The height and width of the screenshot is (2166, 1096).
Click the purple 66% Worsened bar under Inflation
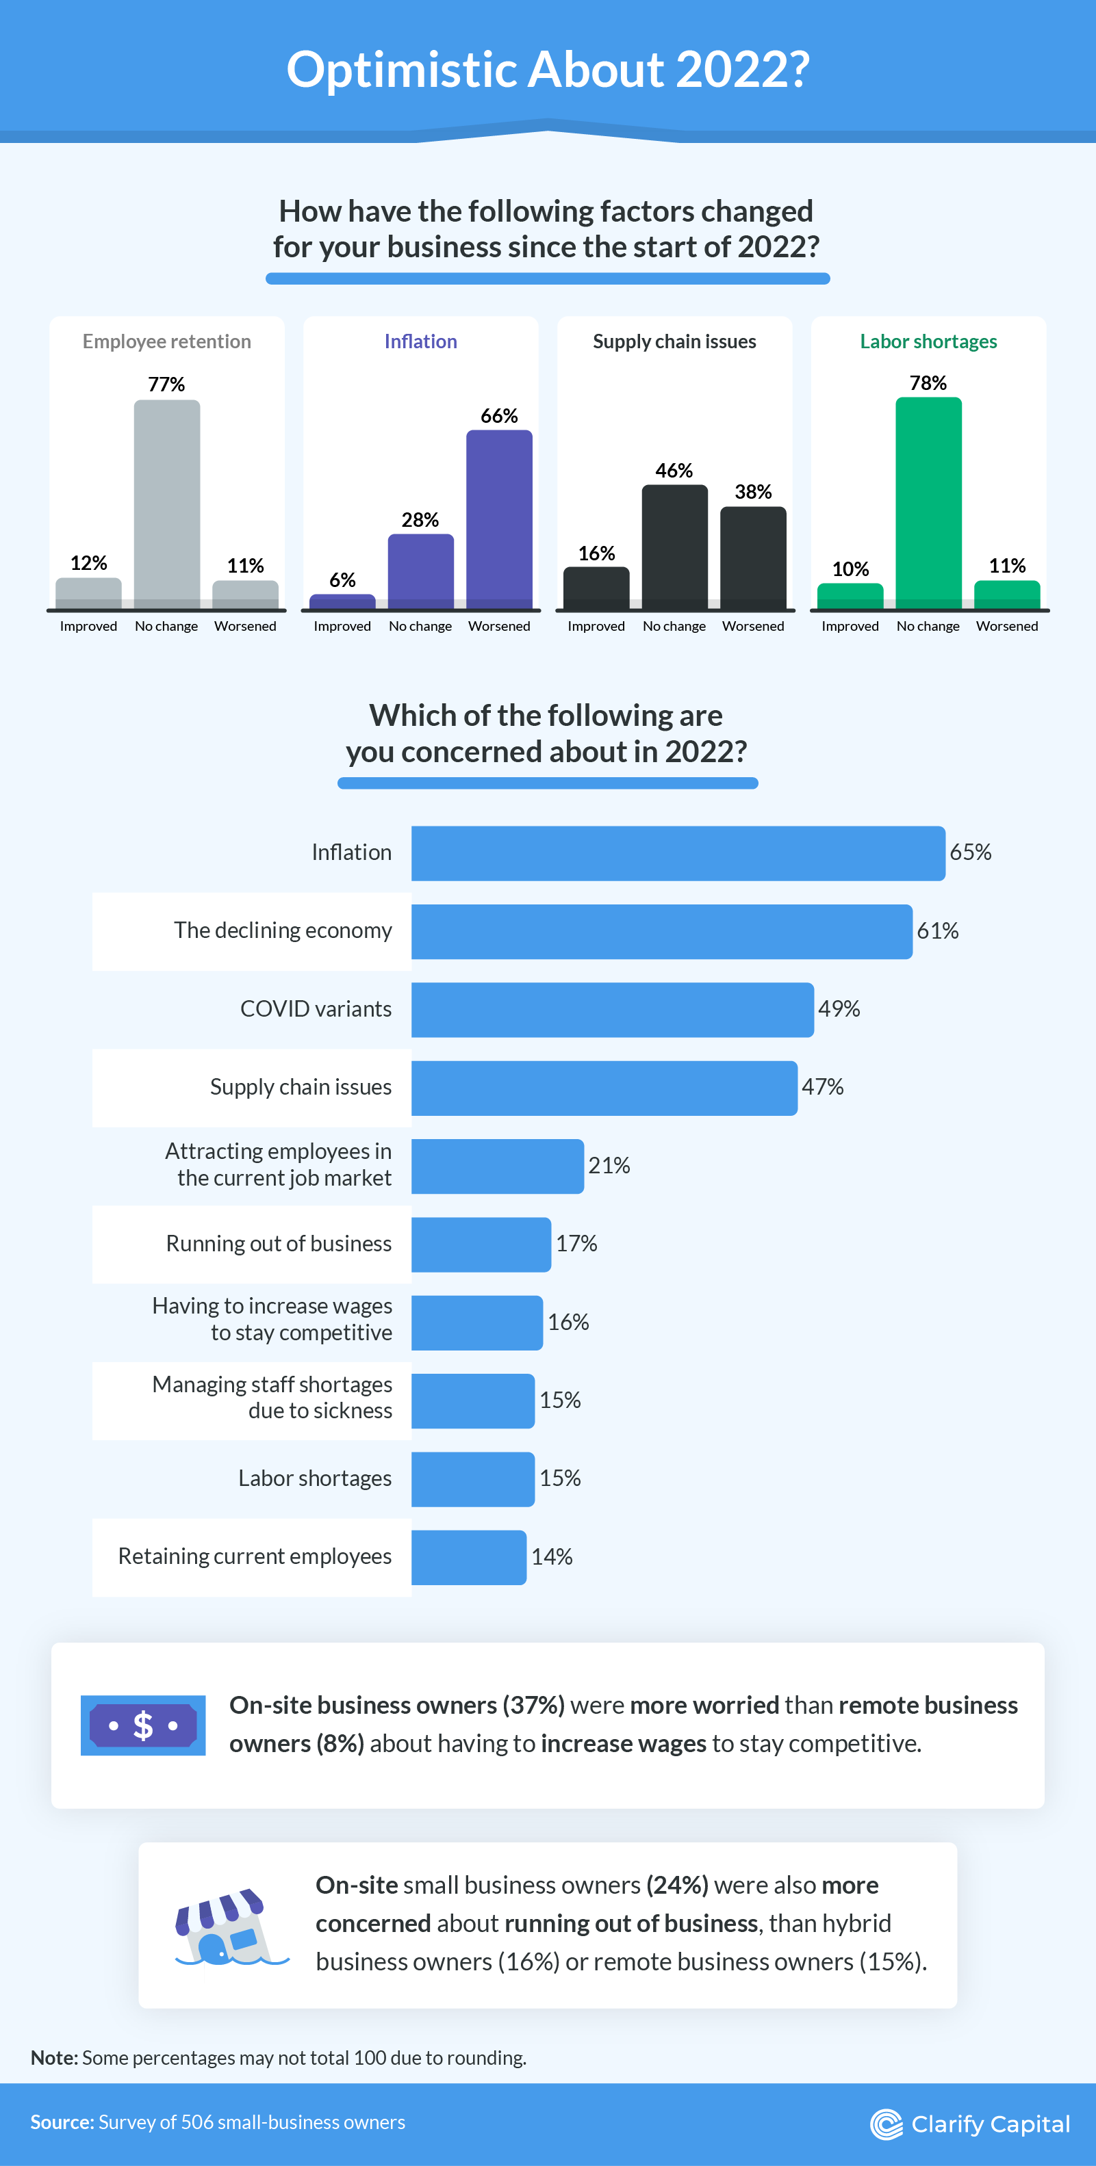499,519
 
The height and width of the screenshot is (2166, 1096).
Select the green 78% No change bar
928,503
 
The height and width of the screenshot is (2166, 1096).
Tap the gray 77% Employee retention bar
166,504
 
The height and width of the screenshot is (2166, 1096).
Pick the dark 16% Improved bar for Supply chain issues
596,588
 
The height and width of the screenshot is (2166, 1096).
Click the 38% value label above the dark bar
753,492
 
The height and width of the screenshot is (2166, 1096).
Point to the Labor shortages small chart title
928,341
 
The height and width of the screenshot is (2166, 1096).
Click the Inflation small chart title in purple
420,341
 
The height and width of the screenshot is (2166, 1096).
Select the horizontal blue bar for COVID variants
612,1009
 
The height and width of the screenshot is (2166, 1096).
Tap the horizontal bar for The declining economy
661,931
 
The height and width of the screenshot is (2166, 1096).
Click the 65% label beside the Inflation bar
970,852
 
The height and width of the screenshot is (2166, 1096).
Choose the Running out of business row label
279,1244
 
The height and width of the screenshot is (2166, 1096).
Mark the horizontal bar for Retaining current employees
468,1557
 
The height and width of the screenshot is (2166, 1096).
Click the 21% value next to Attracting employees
609,1165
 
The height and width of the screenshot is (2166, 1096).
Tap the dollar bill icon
143,1725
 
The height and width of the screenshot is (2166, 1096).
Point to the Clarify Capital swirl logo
886,2125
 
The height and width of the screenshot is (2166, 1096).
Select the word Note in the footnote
54,2057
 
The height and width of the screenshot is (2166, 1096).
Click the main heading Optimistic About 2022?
548,69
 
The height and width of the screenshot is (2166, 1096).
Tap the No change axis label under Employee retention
166,627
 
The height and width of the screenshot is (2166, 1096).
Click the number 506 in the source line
197,2122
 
